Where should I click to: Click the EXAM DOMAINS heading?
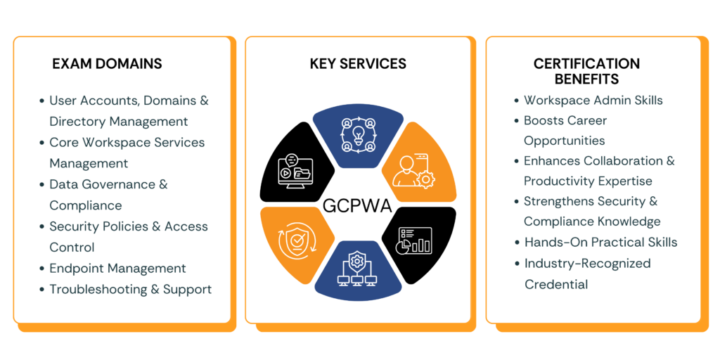[107, 64]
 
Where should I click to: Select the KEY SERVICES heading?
[358, 64]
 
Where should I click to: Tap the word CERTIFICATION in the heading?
[586, 64]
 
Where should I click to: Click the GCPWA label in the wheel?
[357, 206]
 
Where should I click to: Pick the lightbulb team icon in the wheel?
[356, 134]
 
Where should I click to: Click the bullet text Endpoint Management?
[117, 269]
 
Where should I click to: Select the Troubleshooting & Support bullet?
[130, 289]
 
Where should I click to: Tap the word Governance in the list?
[115, 184]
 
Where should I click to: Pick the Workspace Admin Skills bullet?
[593, 101]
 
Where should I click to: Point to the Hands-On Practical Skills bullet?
[600, 242]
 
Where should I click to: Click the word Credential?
[556, 284]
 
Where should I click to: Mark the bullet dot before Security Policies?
[41, 226]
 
